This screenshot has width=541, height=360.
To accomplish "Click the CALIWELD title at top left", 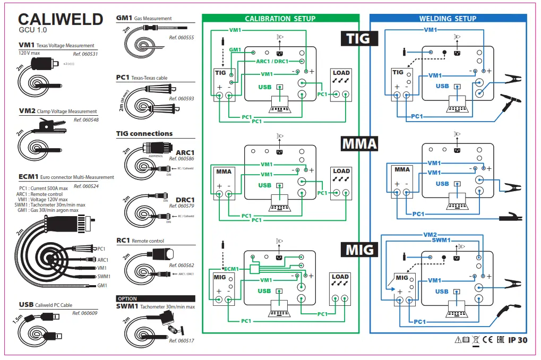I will click(61, 20).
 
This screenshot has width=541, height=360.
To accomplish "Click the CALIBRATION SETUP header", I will click(280, 19).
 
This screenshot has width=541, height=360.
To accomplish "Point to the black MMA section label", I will click(359, 143).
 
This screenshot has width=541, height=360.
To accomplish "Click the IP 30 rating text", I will click(518, 340).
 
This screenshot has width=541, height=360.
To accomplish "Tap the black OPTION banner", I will click(127, 298).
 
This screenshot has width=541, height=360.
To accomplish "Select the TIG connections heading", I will click(144, 134).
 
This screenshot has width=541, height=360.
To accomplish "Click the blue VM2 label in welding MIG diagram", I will click(430, 234).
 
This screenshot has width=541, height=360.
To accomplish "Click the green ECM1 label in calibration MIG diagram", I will click(231, 269).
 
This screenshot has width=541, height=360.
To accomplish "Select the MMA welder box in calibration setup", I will click(224, 184).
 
